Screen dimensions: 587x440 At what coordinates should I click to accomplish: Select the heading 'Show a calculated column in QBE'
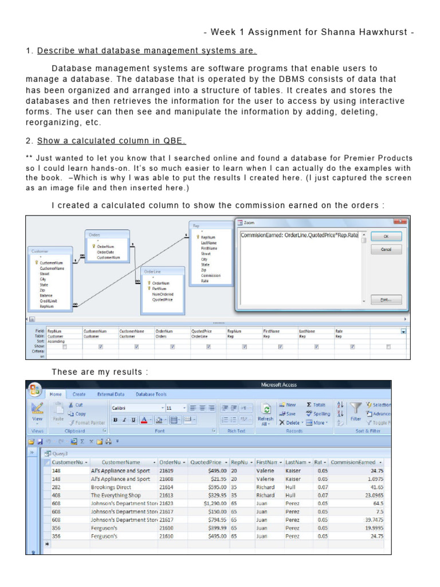(x=111, y=141)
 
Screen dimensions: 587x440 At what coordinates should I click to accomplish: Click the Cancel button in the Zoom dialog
(x=386, y=250)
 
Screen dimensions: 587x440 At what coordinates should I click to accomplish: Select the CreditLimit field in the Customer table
(x=48, y=301)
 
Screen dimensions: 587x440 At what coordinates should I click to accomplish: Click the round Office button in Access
(x=35, y=389)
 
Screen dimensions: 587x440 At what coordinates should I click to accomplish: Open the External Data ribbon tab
(x=111, y=394)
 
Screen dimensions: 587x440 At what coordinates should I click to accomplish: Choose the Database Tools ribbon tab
(x=151, y=394)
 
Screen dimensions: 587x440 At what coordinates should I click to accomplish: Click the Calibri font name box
(x=135, y=408)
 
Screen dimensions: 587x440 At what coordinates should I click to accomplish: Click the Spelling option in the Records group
(x=318, y=414)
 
